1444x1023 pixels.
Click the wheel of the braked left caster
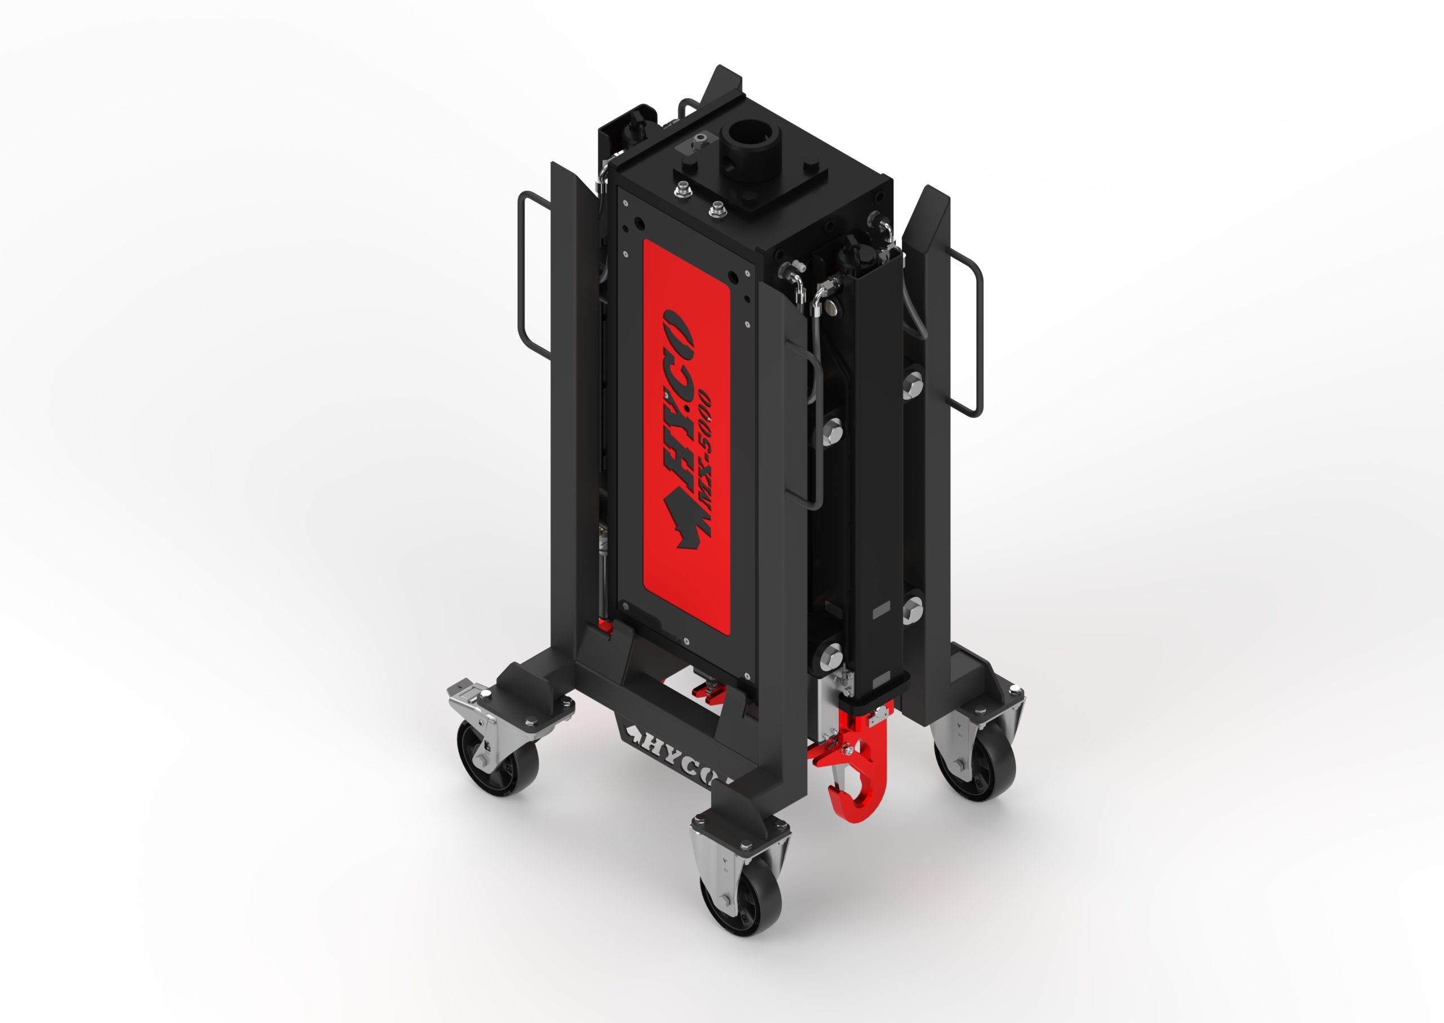coord(498,755)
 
